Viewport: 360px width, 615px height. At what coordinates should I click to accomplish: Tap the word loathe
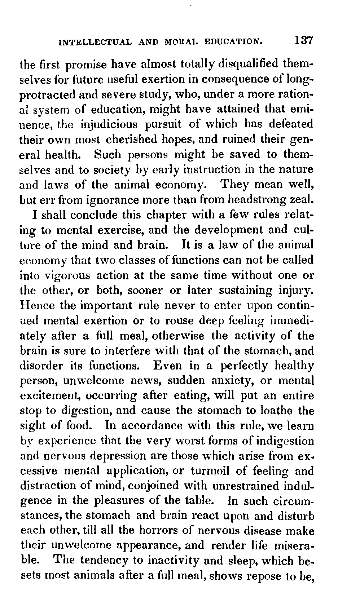(263, 411)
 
